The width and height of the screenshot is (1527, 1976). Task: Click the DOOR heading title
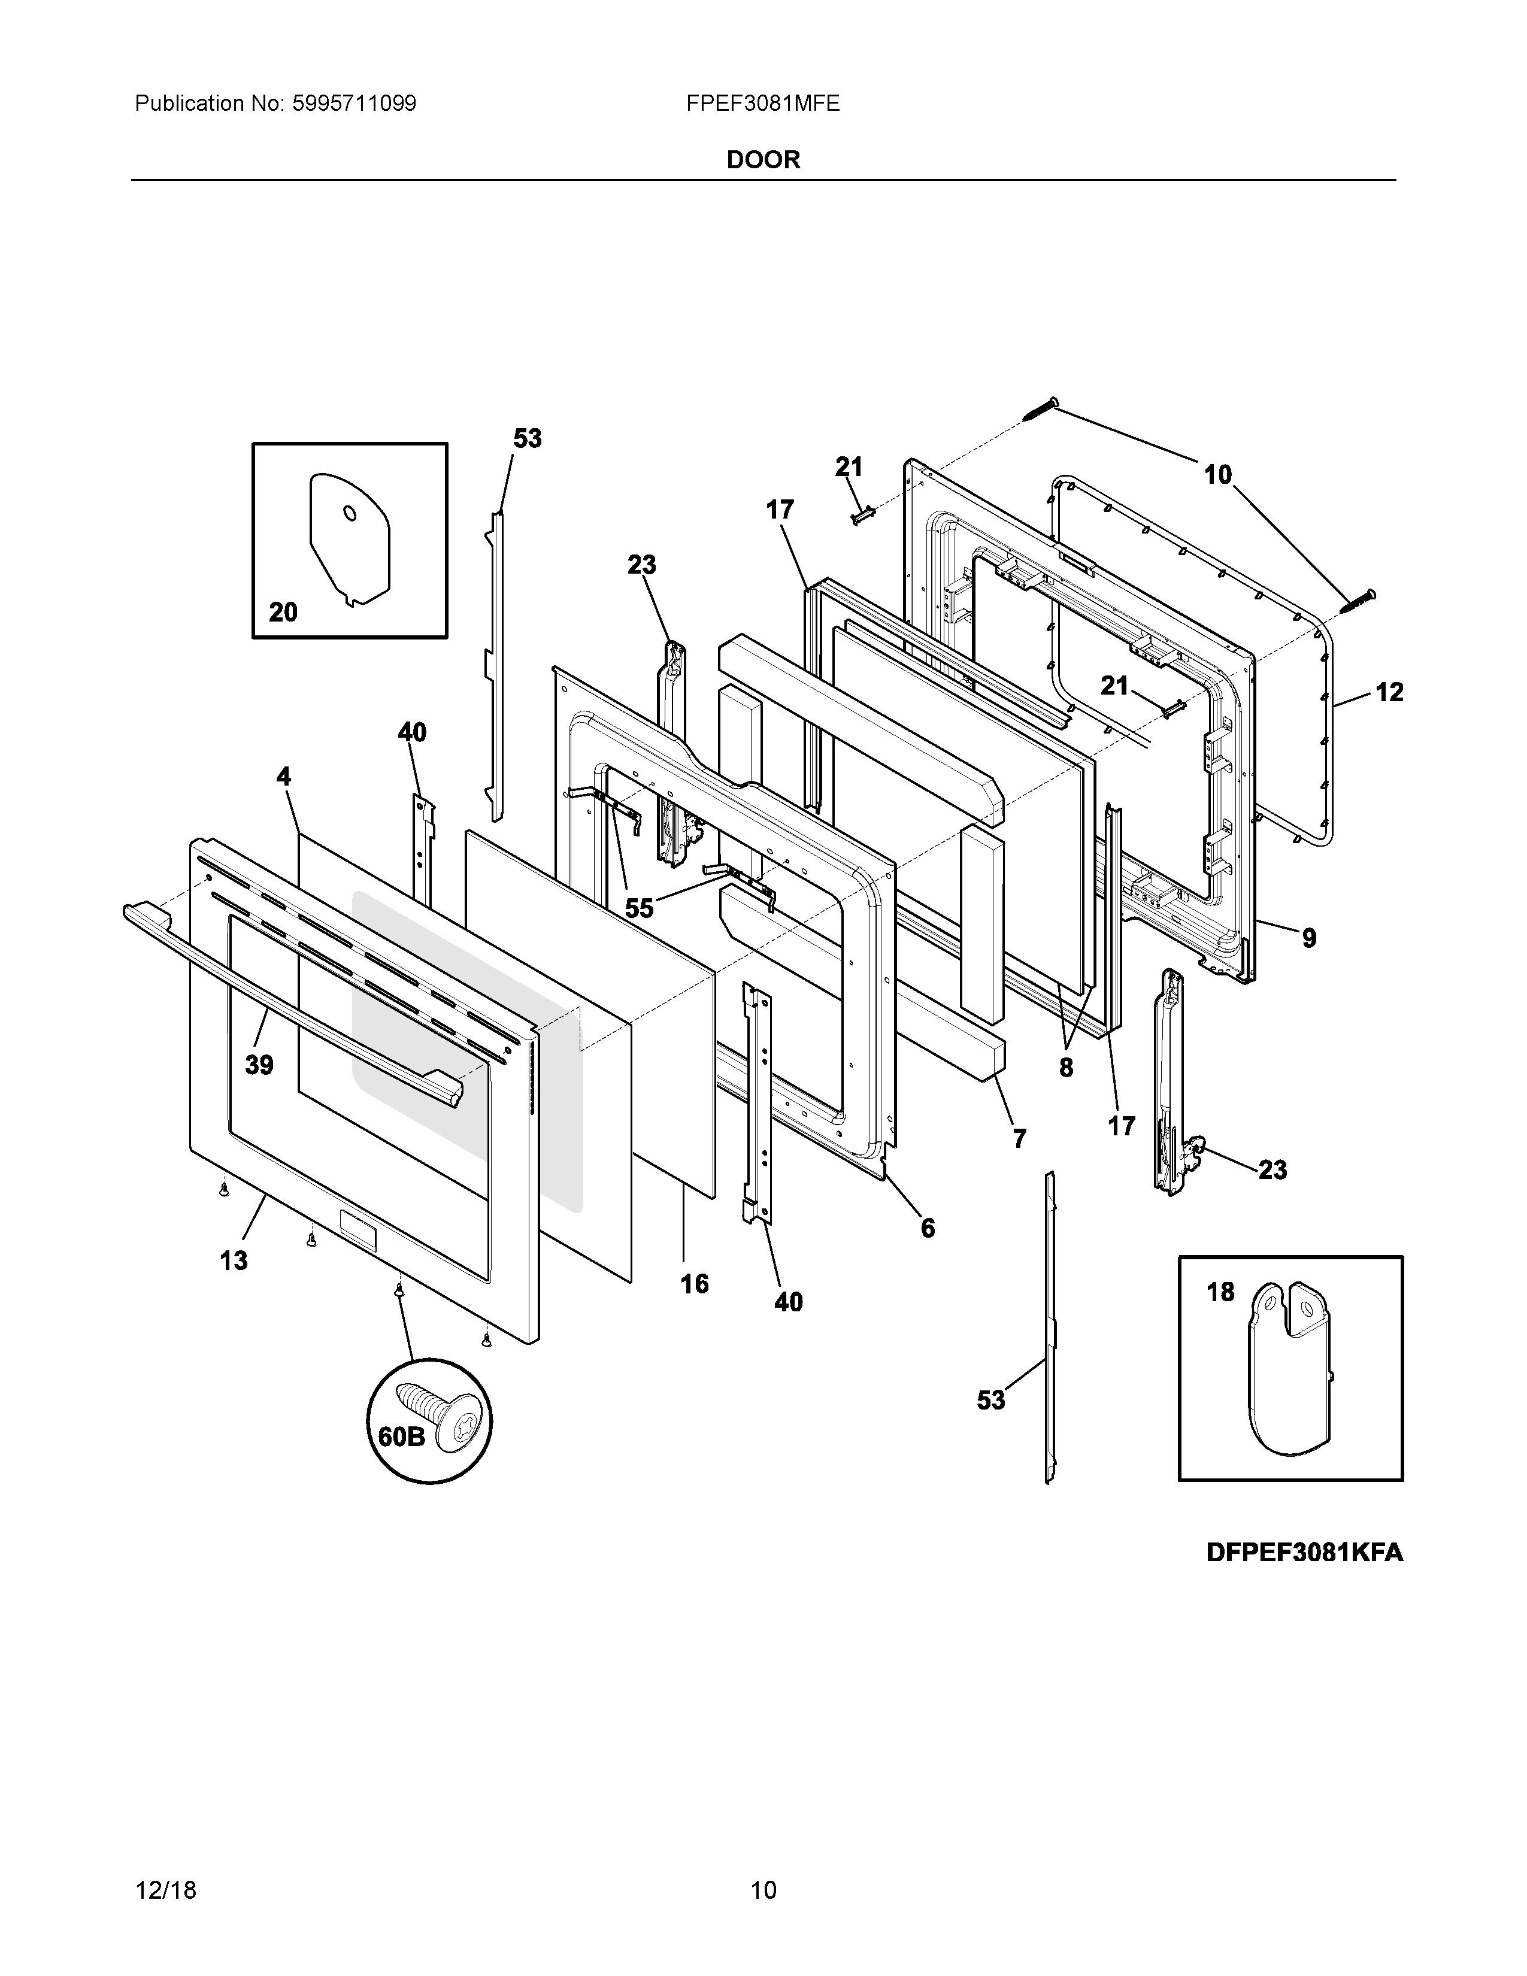coord(762,160)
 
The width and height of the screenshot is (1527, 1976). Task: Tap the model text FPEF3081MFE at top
coord(762,104)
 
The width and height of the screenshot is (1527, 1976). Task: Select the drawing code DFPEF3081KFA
coord(1304,1553)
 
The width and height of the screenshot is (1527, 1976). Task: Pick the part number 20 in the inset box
coord(283,613)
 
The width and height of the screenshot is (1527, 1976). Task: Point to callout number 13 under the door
coord(234,1260)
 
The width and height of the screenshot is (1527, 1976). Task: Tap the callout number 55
coord(639,908)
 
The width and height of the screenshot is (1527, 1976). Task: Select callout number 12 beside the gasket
coord(1389,692)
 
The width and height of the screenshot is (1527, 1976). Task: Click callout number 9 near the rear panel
coord(1309,938)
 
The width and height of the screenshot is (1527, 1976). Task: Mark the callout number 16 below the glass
coord(694,1284)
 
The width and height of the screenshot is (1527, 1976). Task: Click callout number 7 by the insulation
coord(1020,1138)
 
